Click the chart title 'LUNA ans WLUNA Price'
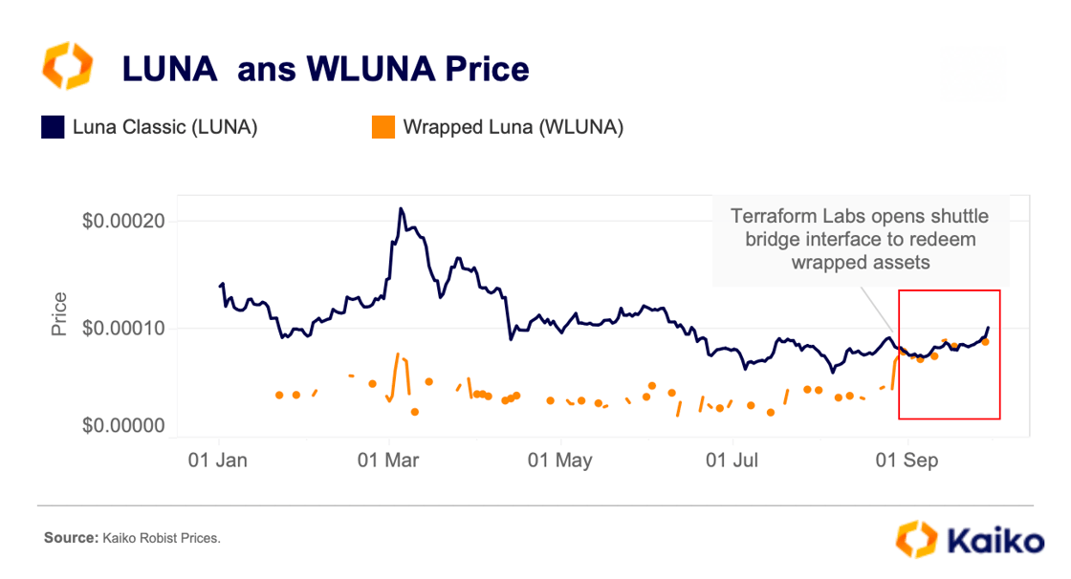(x=324, y=69)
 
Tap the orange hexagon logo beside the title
(x=67, y=67)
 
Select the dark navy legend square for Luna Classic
(x=52, y=127)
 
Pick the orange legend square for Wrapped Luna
(x=382, y=127)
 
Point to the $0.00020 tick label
(x=123, y=221)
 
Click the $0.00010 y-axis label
(x=123, y=328)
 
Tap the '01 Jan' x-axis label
(x=218, y=461)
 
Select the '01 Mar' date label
(x=389, y=461)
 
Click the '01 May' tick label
(x=560, y=461)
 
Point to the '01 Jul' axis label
(x=732, y=461)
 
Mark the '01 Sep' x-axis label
(x=906, y=461)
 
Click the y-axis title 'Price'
(x=59, y=314)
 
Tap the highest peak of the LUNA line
(x=401, y=208)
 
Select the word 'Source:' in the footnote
(x=70, y=539)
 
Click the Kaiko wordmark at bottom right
(x=995, y=541)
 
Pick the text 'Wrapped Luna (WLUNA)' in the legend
(x=514, y=127)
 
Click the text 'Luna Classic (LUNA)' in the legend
(x=164, y=127)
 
